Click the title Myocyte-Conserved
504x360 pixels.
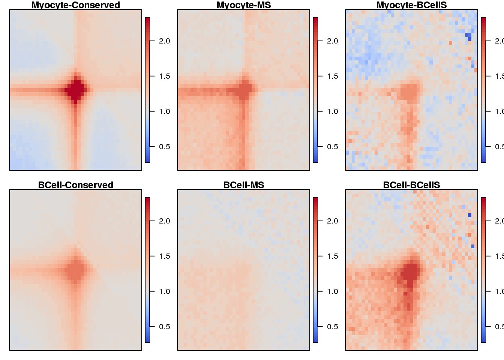(75, 5)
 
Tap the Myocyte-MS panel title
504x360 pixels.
(243, 5)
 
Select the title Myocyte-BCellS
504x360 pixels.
(411, 5)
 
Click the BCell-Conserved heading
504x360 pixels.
(75, 185)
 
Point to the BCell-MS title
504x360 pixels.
(243, 185)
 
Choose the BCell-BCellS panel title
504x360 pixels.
(411, 185)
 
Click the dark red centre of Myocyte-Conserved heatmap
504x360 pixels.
(76, 90)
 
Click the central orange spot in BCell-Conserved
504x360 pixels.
(76, 270)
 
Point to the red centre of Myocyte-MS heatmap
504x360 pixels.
(244, 90)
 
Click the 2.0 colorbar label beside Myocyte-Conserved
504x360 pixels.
(164, 41)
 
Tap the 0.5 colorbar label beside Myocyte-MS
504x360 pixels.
(332, 147)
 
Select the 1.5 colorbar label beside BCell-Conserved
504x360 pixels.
(164, 256)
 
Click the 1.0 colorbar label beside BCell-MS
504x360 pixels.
(332, 291)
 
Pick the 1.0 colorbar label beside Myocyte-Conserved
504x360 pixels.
(164, 111)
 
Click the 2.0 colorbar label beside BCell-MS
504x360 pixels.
(332, 221)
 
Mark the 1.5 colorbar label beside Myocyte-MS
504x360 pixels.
(332, 76)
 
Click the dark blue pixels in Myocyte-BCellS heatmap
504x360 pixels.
(468, 36)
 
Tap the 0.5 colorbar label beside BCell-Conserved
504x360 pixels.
(164, 327)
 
